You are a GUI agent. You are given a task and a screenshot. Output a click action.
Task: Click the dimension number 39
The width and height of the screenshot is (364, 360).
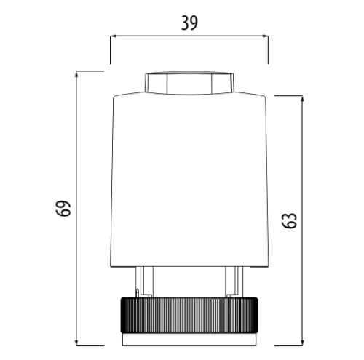(189, 23)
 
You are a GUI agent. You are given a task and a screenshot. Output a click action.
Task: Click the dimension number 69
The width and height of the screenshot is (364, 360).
(63, 208)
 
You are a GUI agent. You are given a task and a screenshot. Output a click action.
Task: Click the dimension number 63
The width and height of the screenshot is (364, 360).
(289, 220)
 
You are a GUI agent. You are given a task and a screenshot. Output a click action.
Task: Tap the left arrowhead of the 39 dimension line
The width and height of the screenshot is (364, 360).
(114, 36)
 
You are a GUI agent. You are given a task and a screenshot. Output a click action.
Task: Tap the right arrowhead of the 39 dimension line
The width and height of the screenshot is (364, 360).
(264, 36)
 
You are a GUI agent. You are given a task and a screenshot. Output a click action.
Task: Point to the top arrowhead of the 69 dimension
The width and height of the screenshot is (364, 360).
(76, 75)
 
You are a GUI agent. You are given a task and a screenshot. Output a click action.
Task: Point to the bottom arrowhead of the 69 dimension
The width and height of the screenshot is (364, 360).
(76, 342)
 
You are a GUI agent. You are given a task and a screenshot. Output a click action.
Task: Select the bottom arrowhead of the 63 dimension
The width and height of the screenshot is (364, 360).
(302, 342)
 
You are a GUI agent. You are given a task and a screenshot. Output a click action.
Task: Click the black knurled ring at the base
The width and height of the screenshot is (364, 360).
(189, 315)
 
